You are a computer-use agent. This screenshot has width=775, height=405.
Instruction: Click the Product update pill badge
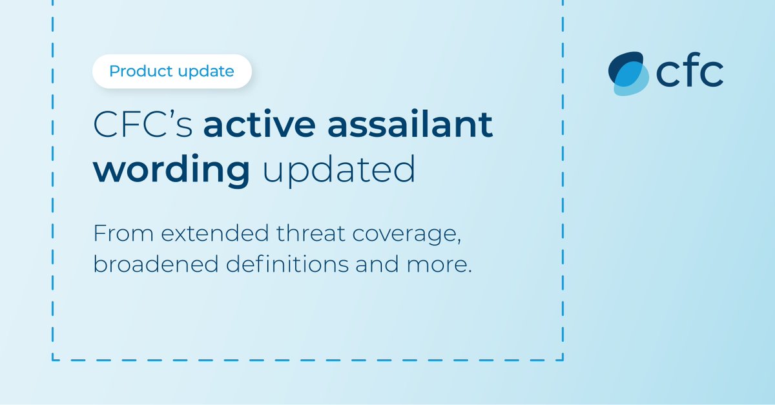click(x=172, y=72)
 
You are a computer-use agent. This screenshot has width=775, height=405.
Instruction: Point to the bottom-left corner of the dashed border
click(x=52, y=360)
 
